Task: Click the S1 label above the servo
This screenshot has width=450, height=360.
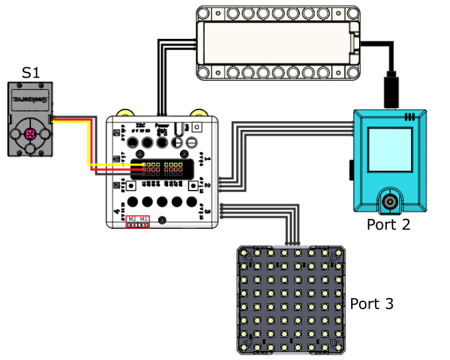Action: coord(31,72)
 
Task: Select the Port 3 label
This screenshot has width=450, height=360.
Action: coord(372,304)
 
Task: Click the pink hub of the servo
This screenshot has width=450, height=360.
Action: coord(30,134)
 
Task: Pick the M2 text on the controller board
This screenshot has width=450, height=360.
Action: coord(132,219)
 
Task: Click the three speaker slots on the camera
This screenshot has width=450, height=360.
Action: coord(410,117)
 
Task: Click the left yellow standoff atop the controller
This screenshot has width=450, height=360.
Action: coord(123,114)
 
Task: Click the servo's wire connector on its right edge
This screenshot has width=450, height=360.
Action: coord(51,119)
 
